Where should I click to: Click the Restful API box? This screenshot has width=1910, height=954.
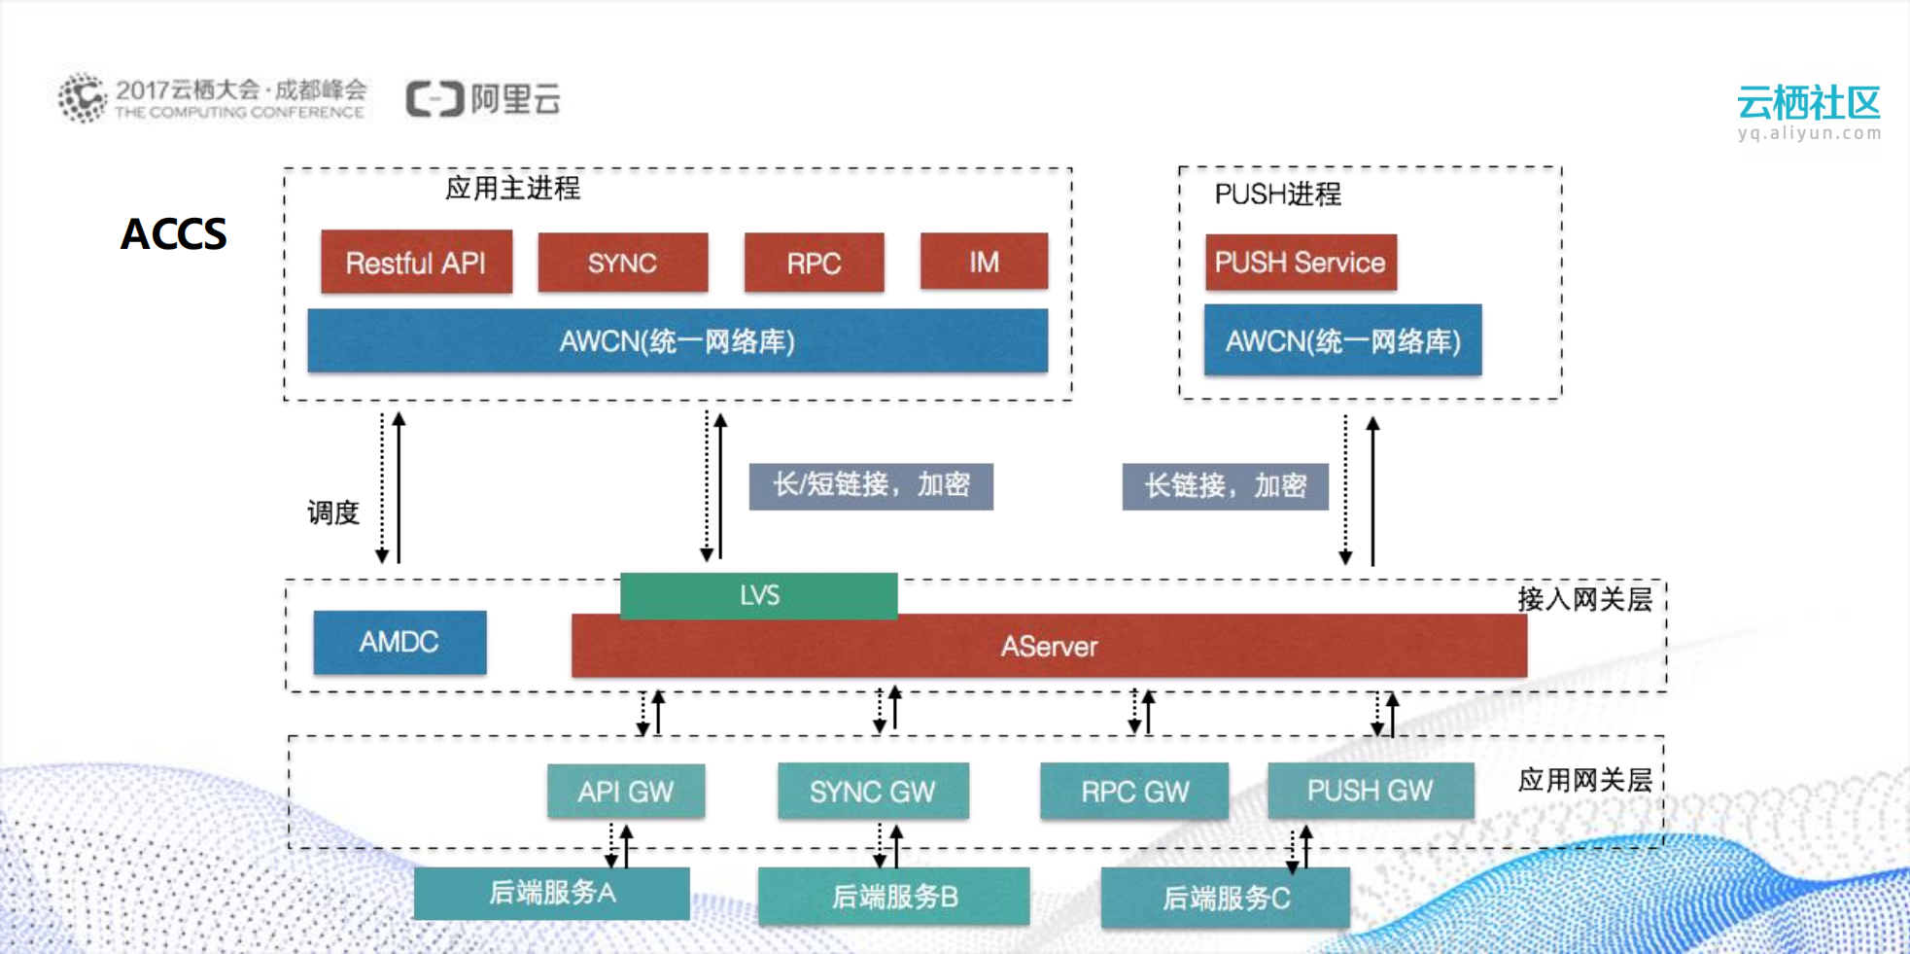point(416,263)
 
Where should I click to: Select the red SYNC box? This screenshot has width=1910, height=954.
point(622,263)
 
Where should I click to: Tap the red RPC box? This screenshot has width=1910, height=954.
point(814,263)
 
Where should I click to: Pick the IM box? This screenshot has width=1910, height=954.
point(984,262)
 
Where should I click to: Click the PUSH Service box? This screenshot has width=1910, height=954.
point(1300,263)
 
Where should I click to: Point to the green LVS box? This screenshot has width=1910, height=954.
point(758,595)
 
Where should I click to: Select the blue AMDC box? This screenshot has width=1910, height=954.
point(399,642)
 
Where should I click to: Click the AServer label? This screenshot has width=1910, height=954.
point(1049,647)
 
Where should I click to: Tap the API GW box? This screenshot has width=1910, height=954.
point(625,792)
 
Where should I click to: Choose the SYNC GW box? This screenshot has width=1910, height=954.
point(872,792)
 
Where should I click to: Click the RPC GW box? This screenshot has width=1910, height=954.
point(1134,792)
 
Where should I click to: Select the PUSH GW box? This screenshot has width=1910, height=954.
point(1370,791)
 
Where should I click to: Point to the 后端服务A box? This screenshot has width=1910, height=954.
point(551,893)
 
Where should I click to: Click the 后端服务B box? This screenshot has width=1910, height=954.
point(894,897)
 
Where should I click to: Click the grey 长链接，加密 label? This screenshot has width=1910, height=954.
point(1225,486)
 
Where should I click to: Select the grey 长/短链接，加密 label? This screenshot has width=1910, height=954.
point(871,485)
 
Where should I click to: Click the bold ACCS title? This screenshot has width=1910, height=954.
point(173,234)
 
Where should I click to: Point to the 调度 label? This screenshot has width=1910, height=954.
point(333,512)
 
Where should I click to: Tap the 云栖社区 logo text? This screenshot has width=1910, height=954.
point(1808,103)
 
